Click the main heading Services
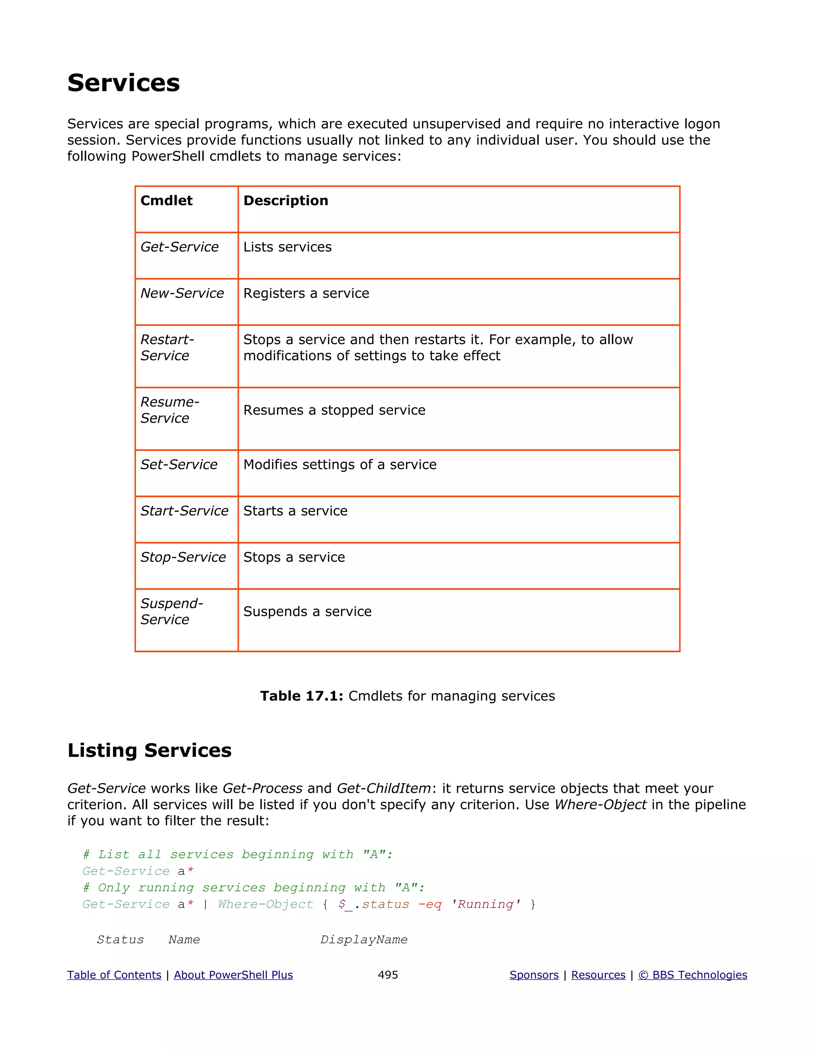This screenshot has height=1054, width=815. tap(124, 83)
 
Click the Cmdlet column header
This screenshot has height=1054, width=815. tap(167, 200)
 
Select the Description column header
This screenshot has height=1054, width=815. tap(285, 200)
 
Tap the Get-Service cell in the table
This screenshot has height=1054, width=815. tap(179, 247)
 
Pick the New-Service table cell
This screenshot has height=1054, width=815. tap(182, 294)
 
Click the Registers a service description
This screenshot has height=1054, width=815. tap(306, 294)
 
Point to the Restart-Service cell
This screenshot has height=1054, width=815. tap(167, 348)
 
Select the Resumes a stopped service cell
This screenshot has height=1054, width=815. tap(334, 410)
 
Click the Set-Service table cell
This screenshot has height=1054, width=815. tap(179, 465)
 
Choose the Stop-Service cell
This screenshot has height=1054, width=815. tap(183, 557)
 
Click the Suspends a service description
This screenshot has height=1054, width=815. tap(307, 612)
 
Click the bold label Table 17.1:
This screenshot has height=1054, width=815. tap(301, 696)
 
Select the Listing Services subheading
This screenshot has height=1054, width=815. tap(149, 751)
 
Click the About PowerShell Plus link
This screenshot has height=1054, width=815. tap(233, 975)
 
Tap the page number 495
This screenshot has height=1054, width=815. tap(388, 975)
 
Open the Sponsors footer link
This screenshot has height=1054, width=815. tap(534, 975)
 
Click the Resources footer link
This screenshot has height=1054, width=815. tap(598, 975)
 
